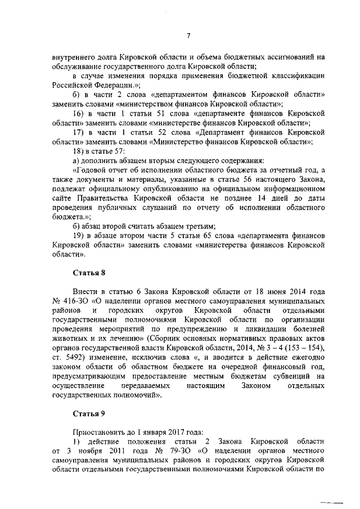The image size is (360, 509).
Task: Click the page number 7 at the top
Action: [189, 35]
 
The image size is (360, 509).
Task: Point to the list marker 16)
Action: [80, 114]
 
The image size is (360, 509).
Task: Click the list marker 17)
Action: [80, 132]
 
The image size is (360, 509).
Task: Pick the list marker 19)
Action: [80, 236]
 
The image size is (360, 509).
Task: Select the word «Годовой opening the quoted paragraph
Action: [91, 170]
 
